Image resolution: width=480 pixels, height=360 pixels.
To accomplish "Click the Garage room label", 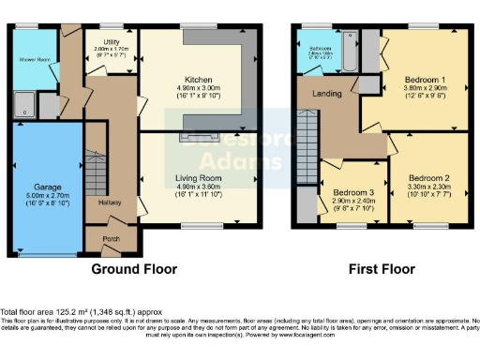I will pos(47,187).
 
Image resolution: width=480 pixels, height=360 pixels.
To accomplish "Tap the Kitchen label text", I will pos(196,78).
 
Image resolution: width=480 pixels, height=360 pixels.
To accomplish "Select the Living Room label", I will pos(196,175).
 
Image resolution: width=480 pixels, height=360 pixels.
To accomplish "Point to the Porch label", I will pos(111,238).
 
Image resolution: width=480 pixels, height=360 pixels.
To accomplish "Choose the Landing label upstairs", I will pos(327,93).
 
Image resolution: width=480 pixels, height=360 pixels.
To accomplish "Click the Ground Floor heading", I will pos(133,269).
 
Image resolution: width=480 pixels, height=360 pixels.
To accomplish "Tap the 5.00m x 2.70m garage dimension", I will pos(47,196).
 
